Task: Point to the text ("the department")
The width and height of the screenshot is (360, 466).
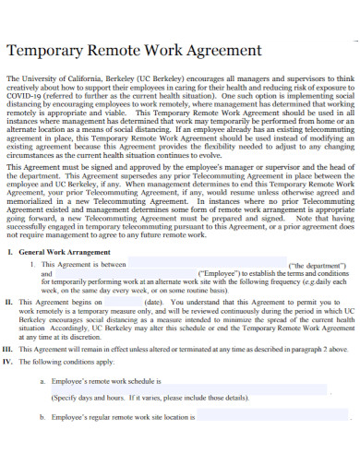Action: pos(317,264)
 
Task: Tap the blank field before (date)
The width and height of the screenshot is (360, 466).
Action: pos(116,301)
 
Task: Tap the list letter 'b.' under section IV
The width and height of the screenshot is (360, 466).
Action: pos(42,417)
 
